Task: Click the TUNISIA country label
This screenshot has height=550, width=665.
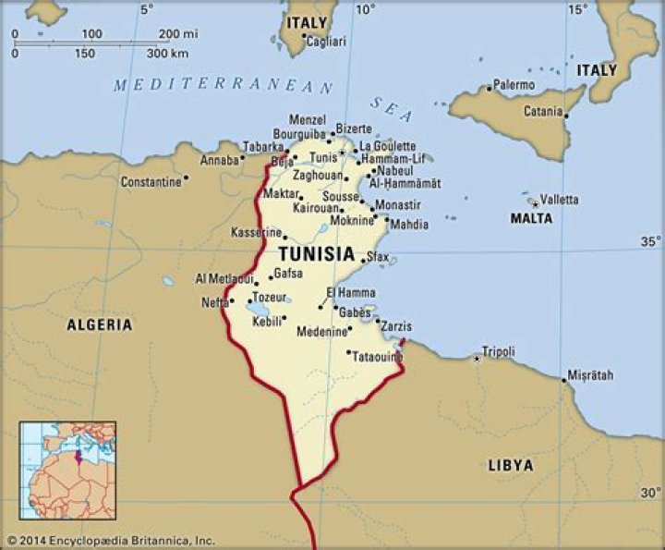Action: [x=316, y=253]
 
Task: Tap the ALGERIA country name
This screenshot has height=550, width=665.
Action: [x=99, y=324]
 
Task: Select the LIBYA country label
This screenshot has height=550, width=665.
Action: [x=511, y=465]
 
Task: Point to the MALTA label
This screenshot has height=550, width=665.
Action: [x=531, y=218]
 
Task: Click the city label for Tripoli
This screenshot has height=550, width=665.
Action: [x=498, y=352]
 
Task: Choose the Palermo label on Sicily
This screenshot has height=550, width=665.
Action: [x=514, y=85]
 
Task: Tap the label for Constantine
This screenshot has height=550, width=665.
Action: [x=151, y=182]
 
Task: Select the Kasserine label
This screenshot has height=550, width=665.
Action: [x=256, y=232]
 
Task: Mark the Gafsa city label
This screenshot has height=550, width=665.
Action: [x=287, y=275]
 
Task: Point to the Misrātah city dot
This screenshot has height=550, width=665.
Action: [x=564, y=379]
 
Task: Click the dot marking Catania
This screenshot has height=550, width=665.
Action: [x=565, y=116]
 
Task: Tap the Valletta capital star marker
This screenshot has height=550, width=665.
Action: [x=533, y=201]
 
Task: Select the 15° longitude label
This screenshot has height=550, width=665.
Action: [x=577, y=10]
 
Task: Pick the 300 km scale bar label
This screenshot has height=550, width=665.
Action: [x=168, y=53]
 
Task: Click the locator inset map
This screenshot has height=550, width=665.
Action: [x=67, y=471]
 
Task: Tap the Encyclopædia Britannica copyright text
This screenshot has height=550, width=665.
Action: [x=110, y=539]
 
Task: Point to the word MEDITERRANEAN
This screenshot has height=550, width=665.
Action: [x=224, y=86]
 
